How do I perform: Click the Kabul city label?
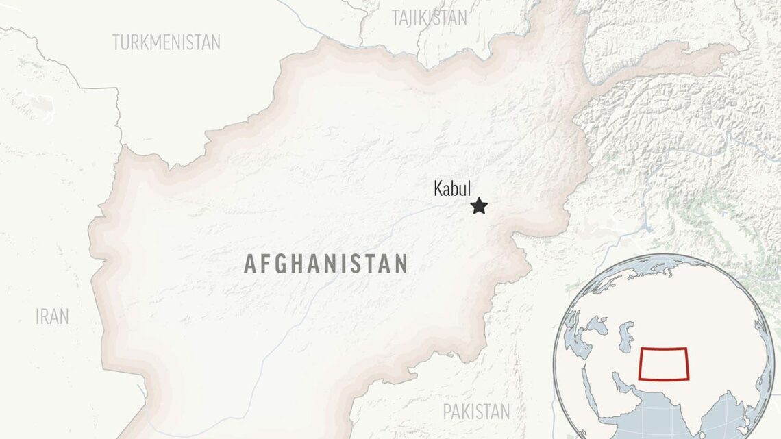pos(452,188)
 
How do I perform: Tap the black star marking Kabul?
pos(479,205)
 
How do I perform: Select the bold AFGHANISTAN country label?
pos(326,264)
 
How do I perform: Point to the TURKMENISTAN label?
pos(166,42)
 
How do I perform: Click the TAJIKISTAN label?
pos(430,18)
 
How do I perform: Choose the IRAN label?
pos(53,316)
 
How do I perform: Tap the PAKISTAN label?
pos(476,412)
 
